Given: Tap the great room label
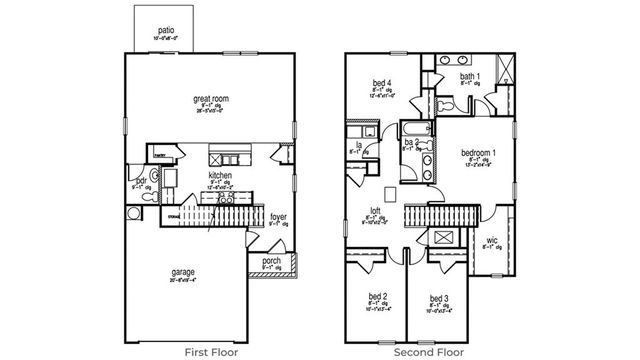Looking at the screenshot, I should (x=210, y=99).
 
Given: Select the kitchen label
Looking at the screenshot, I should (x=220, y=175).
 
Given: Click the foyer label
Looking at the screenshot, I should (x=279, y=214).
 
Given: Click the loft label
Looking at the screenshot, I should (x=376, y=211).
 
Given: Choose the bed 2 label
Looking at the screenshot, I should (x=377, y=297).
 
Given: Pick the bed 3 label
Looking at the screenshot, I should (x=438, y=298).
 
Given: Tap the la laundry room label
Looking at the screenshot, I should (x=358, y=144).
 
